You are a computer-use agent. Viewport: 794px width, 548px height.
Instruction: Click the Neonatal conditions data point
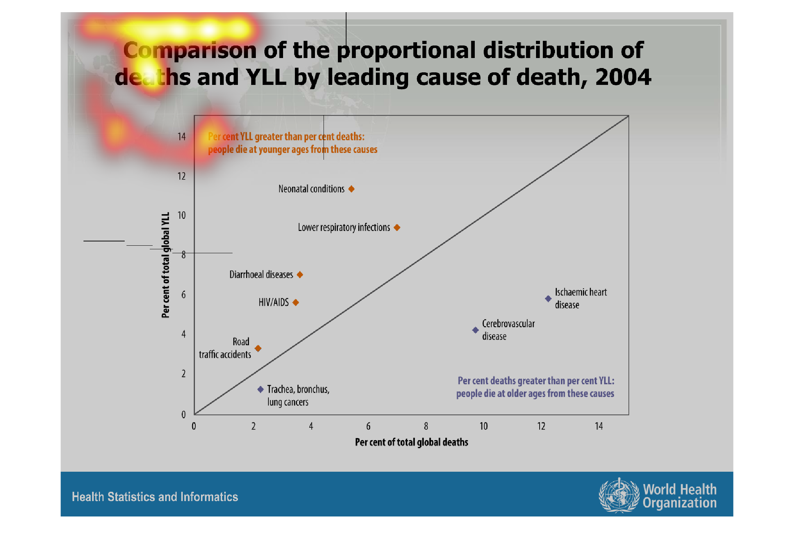(351, 189)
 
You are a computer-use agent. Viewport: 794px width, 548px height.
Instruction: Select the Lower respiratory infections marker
(397, 227)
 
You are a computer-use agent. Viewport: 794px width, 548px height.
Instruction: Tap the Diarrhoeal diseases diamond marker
(300, 275)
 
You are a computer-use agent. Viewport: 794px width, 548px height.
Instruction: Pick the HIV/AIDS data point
(296, 303)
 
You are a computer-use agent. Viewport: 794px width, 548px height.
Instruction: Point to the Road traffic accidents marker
(258, 348)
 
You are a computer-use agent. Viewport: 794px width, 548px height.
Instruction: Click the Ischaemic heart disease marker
(548, 298)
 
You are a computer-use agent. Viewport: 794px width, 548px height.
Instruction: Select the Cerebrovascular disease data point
(475, 330)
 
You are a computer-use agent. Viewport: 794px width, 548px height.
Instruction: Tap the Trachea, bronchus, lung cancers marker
(260, 389)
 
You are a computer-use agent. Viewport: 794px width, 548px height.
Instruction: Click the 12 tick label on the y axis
(182, 176)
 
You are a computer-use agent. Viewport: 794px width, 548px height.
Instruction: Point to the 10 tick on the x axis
(484, 426)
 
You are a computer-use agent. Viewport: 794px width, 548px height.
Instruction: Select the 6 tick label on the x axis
(368, 426)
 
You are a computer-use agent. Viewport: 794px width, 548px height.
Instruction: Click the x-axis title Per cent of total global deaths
(412, 442)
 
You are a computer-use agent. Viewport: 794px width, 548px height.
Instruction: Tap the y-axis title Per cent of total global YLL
(165, 265)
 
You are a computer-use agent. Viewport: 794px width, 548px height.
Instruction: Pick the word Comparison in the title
(190, 50)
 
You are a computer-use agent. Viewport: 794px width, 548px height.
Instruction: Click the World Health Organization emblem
(619, 495)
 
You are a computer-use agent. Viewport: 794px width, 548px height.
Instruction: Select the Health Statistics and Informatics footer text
(155, 497)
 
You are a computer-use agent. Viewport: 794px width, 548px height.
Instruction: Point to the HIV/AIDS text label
(274, 303)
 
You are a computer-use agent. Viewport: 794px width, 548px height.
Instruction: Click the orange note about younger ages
(293, 143)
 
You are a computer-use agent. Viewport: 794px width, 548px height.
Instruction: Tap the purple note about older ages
(535, 387)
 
